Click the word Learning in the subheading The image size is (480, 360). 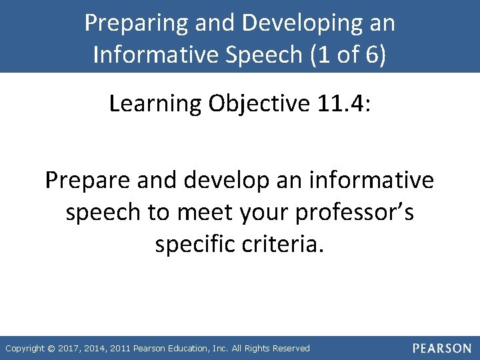155,103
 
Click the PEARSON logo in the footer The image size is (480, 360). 441,348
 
